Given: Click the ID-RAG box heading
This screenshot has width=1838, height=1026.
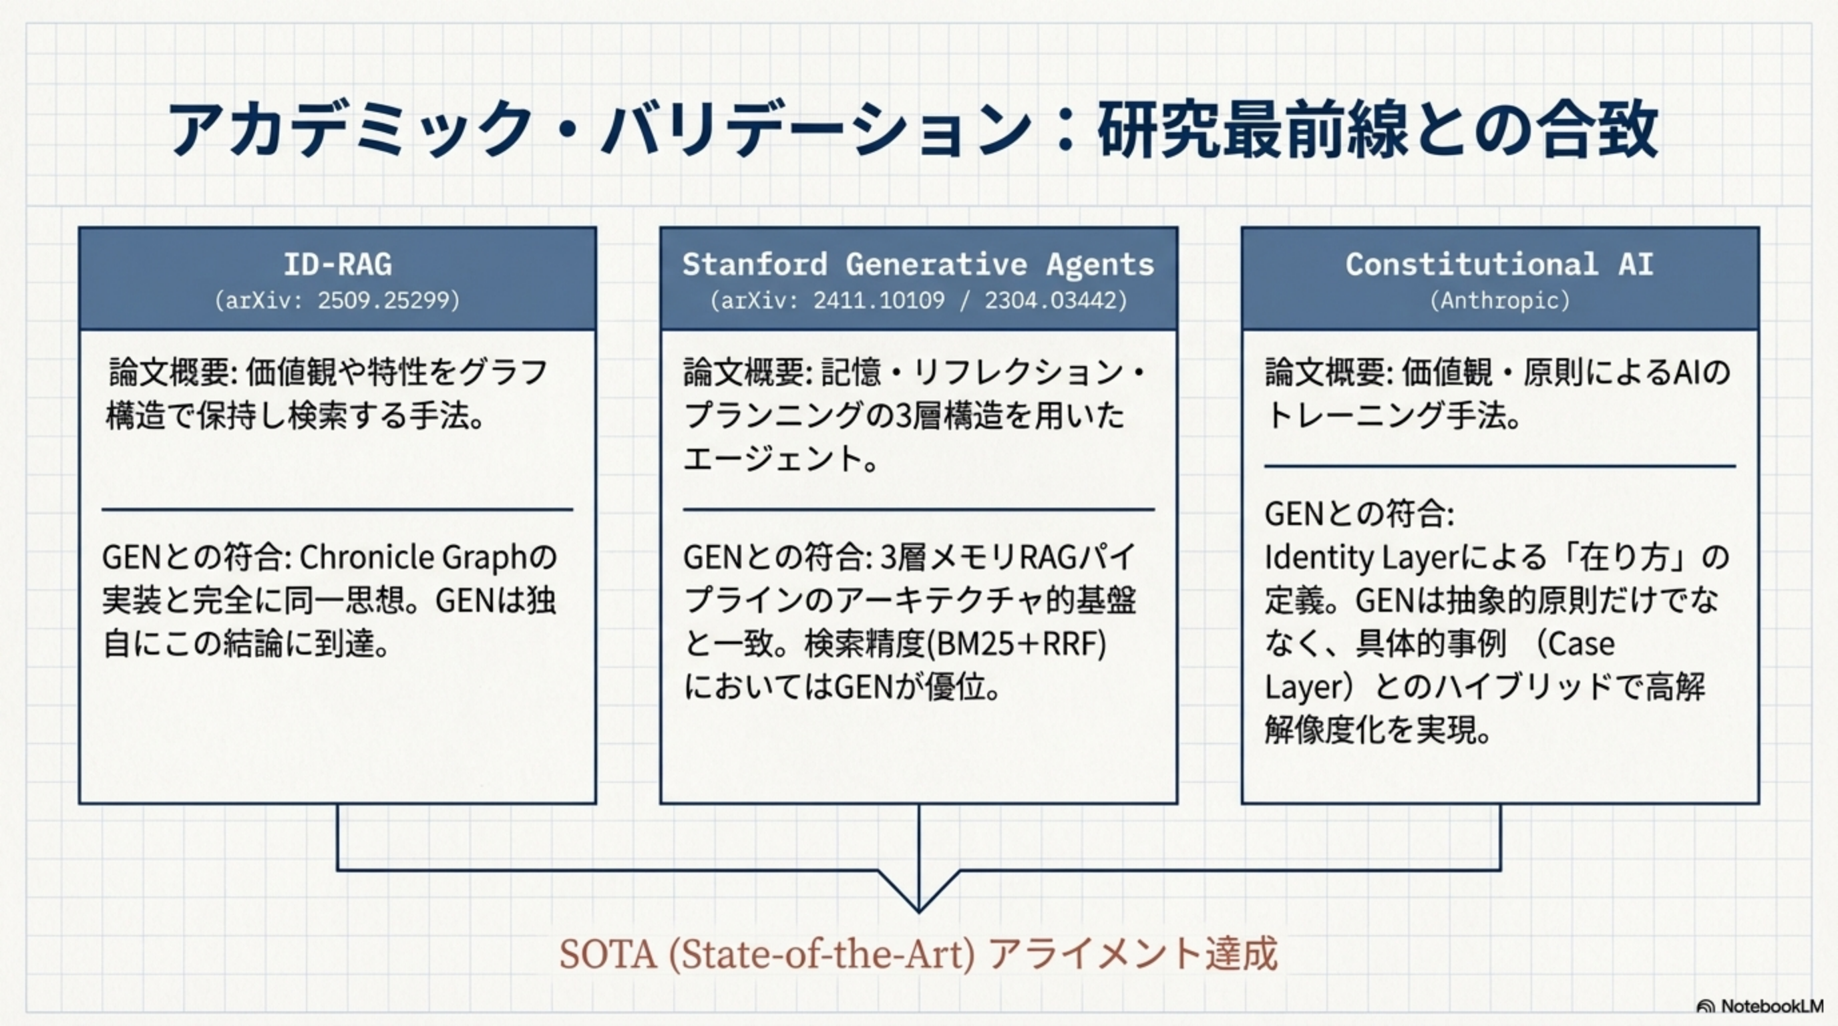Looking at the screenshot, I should tap(337, 264).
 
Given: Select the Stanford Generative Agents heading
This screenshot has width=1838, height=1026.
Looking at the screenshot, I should tap(918, 264).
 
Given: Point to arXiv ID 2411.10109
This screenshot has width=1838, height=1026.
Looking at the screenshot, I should tap(878, 301).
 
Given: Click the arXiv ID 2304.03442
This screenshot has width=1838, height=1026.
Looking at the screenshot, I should tap(1050, 301).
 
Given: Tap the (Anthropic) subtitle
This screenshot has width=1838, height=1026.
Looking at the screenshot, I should tap(1500, 301).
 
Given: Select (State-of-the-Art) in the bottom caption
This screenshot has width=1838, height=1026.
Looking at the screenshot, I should tap(821, 954).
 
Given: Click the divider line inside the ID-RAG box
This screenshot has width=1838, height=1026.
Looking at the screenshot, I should tap(337, 510).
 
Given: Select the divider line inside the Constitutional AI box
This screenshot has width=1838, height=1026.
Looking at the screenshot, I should tap(1499, 467).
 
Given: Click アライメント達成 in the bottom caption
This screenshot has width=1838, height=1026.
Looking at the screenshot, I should tap(1133, 954).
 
